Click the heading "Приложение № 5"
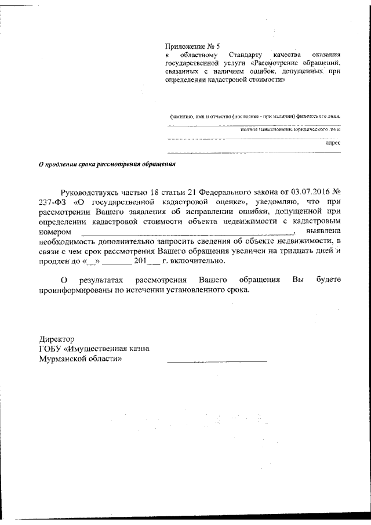tap(193, 45)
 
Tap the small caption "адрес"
tap(333, 142)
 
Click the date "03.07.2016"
tap(307, 191)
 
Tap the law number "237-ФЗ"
tap(53, 202)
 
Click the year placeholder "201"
tap(140, 260)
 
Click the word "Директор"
tap(56, 338)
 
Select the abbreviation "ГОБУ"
tap(51, 349)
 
